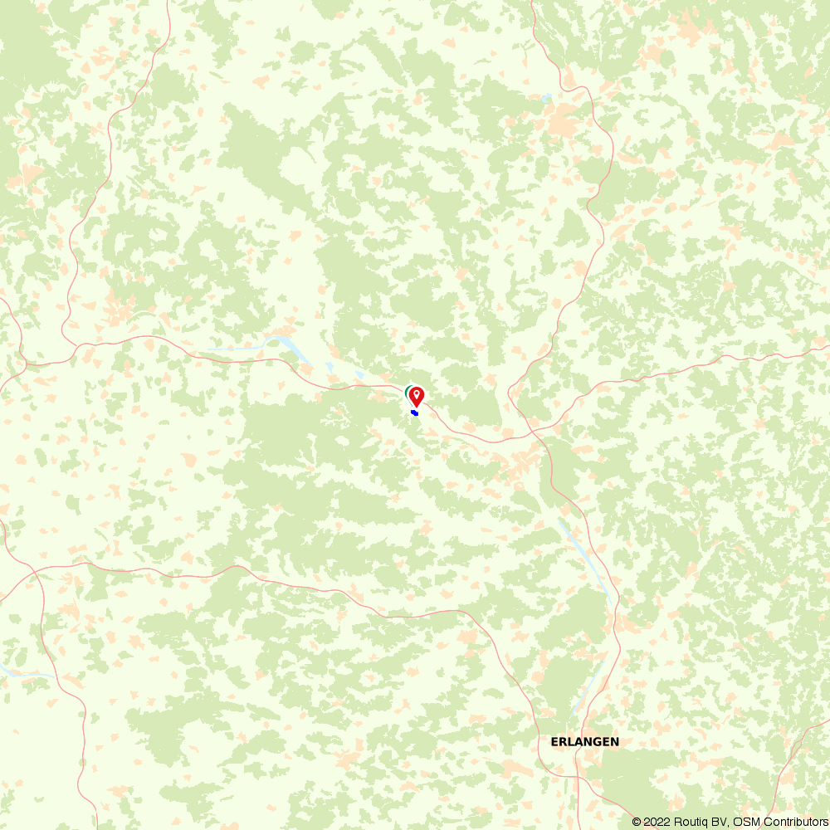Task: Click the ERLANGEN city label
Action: pos(584,741)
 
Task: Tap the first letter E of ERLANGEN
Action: pos(554,741)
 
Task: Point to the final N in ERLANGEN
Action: pos(614,741)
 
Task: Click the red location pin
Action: pos(417,396)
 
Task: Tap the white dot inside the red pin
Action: pos(417,393)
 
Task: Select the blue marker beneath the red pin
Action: pos(414,413)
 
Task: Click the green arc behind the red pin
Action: pos(407,391)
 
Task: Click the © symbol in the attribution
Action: pos(637,822)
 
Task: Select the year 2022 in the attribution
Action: pos(655,822)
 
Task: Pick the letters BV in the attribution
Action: pos(718,822)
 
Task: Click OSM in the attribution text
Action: pos(745,822)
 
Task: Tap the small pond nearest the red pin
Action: pos(359,375)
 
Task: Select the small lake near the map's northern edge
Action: pos(545,98)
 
